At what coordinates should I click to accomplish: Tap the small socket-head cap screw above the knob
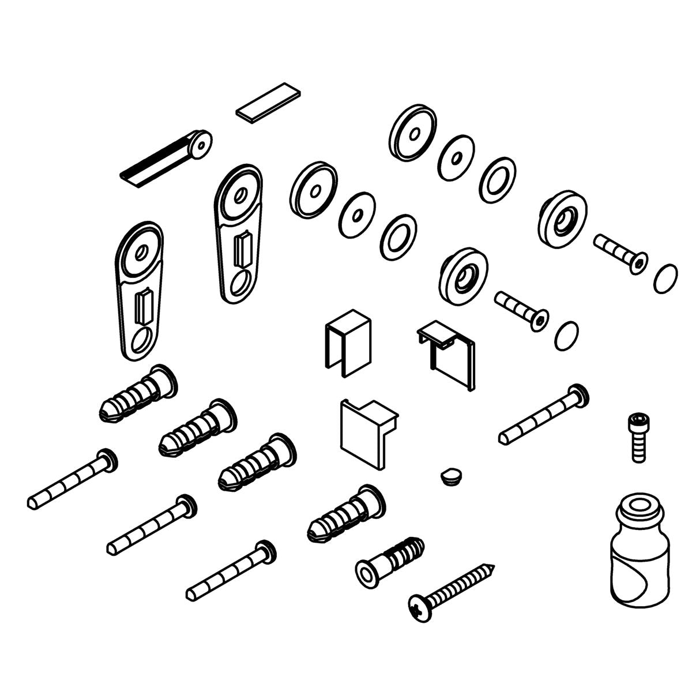pos(637,435)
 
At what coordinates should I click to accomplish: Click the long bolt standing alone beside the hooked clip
pos(542,415)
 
